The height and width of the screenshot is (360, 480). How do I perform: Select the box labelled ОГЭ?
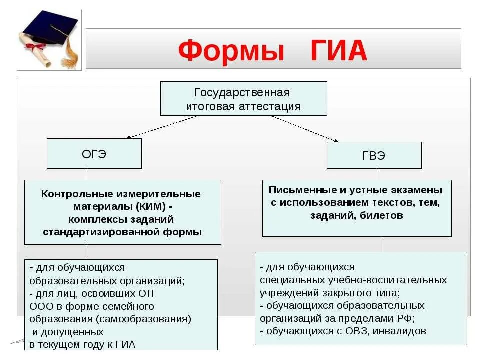tap(94, 154)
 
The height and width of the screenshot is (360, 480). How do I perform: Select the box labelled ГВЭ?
tap(374, 155)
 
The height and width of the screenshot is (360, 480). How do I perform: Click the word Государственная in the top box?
tap(242, 93)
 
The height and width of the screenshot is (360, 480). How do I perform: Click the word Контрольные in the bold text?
tap(78, 193)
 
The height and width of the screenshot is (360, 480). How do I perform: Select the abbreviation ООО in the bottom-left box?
tap(40, 306)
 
